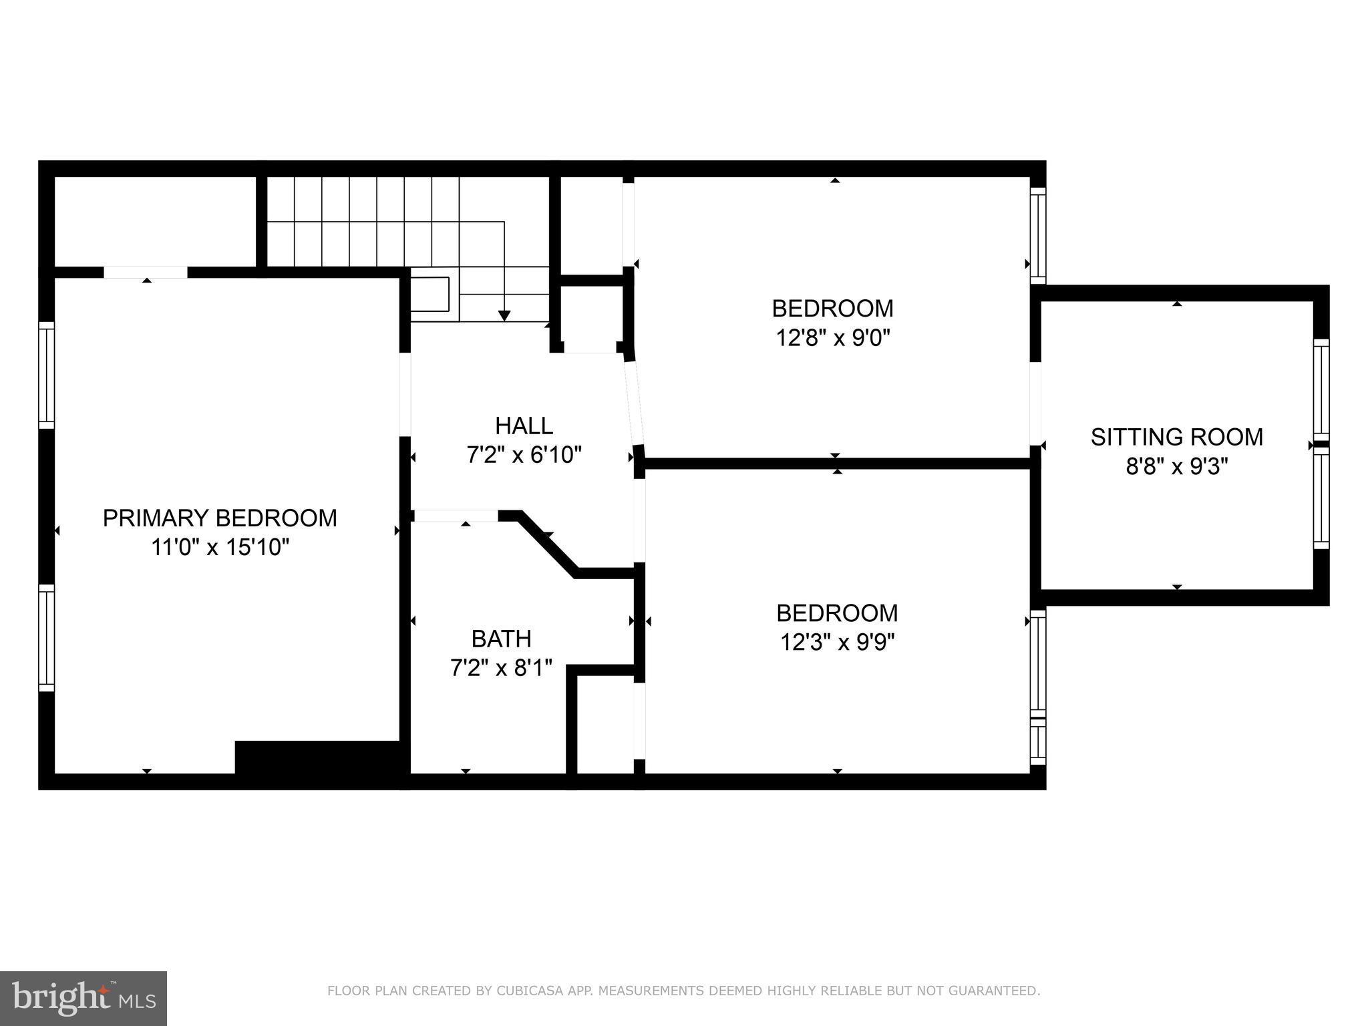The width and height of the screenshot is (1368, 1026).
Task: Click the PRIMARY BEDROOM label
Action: [x=220, y=518]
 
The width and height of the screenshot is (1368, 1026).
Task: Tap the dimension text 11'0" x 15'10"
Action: [x=220, y=548]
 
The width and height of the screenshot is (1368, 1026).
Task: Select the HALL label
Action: [x=524, y=425]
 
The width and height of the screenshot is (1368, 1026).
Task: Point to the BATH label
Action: [x=501, y=639]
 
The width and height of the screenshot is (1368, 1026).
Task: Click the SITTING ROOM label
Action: [x=1176, y=437]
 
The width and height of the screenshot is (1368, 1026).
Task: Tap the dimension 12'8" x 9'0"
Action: [x=832, y=338]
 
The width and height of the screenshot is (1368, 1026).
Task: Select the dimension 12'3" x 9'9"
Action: [x=837, y=643]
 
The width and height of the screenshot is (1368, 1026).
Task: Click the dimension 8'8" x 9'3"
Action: [x=1176, y=466]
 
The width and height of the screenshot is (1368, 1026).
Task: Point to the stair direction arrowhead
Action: [x=504, y=315]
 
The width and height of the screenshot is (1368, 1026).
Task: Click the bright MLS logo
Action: [x=83, y=998]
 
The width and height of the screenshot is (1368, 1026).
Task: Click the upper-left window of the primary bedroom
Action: [x=46, y=375]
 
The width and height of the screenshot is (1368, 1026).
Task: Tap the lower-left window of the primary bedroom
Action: [x=46, y=638]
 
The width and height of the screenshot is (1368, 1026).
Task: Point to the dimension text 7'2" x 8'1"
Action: [x=501, y=668]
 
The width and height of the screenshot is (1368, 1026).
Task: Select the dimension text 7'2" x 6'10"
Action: [x=524, y=455]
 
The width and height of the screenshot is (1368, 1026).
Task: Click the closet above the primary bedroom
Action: [x=154, y=221]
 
